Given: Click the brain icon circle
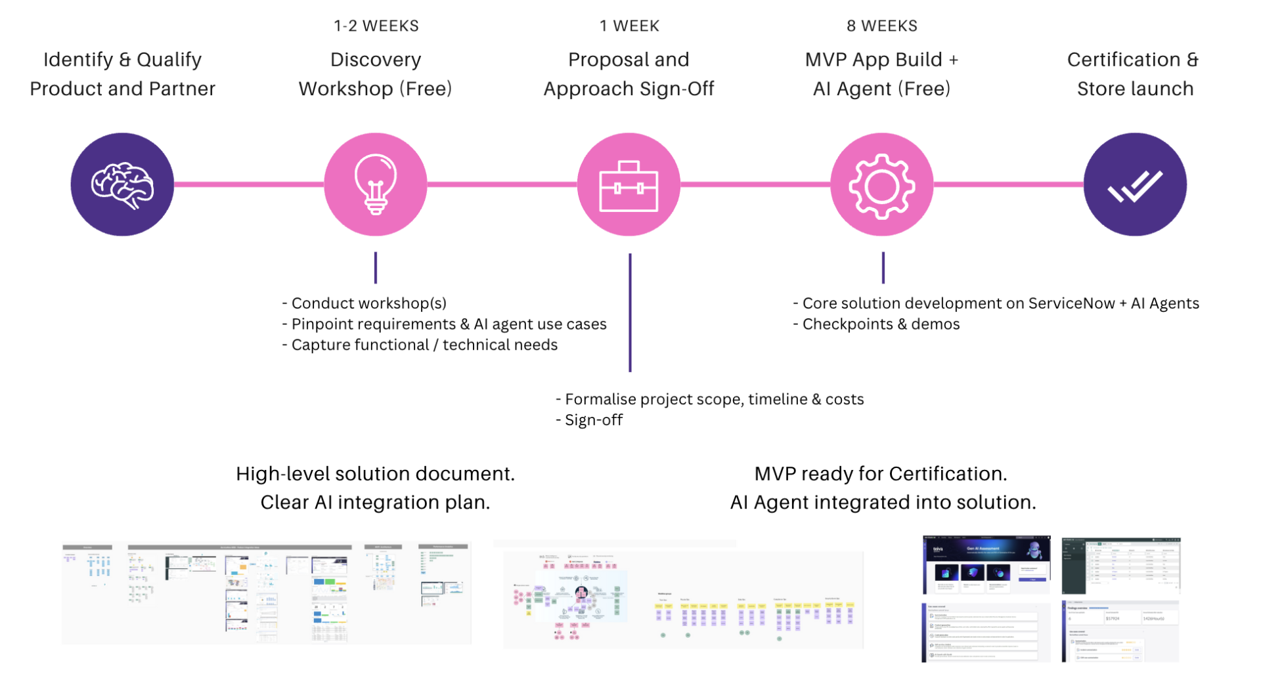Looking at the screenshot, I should click(x=122, y=184).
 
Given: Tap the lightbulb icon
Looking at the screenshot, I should click(x=375, y=184).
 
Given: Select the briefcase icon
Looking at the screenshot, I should click(x=629, y=186).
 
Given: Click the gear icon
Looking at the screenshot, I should click(x=881, y=186).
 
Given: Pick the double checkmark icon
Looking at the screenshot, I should click(x=1135, y=185).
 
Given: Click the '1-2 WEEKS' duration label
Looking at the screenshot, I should click(x=376, y=26).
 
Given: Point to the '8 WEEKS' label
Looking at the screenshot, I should click(x=881, y=26).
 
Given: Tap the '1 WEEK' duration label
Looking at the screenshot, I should click(x=629, y=26).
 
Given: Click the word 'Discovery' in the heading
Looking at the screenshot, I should click(x=375, y=60).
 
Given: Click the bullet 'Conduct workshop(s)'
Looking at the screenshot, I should click(x=368, y=303).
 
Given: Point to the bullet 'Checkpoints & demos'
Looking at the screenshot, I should click(x=880, y=324).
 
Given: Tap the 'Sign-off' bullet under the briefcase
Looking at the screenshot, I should click(x=593, y=420).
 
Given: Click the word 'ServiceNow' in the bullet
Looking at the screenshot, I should click(x=1071, y=303).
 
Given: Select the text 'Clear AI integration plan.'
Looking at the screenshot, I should click(x=375, y=502).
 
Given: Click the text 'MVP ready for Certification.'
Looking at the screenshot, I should click(x=880, y=474).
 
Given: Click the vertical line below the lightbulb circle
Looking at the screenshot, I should click(x=375, y=268).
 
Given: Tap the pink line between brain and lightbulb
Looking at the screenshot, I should click(x=248, y=184).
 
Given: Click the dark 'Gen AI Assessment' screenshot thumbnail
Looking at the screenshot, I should click(x=986, y=564).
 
